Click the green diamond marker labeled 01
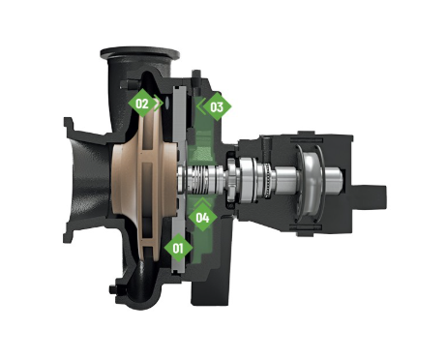[178, 248]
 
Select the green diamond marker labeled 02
[142, 104]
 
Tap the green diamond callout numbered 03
[217, 106]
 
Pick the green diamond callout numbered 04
[202, 218]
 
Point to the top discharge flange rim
[140, 52]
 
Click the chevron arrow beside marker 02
[158, 103]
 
